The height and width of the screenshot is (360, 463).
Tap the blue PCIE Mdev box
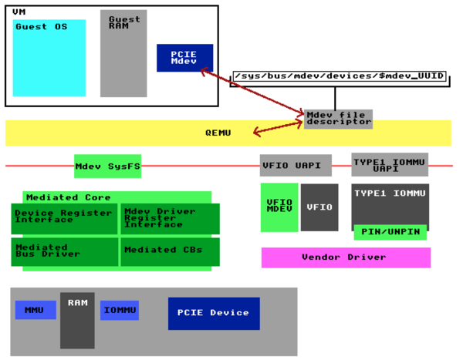184,58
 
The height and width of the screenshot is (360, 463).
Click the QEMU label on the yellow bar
218,133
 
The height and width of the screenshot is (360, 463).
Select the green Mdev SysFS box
107,166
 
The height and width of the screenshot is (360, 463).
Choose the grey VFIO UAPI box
296,166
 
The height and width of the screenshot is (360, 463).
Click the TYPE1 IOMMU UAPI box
390,164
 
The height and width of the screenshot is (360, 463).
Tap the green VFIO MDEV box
279,207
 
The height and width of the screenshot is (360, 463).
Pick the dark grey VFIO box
319,207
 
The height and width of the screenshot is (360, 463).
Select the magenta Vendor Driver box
346,257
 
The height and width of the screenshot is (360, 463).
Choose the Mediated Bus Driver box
64,251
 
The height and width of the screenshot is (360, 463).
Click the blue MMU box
35,310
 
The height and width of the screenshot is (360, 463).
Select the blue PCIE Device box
214,313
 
